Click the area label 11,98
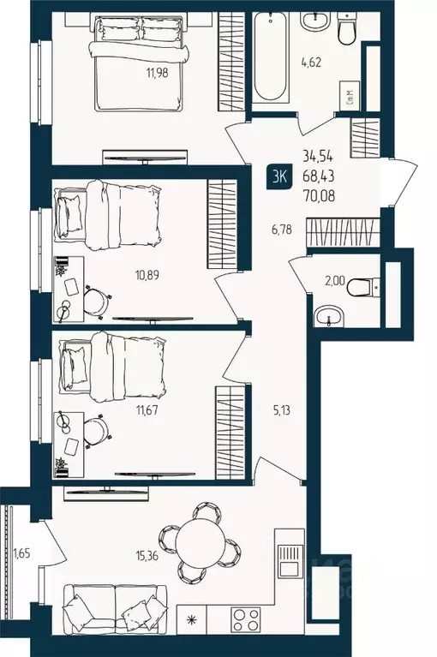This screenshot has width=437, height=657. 160,73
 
